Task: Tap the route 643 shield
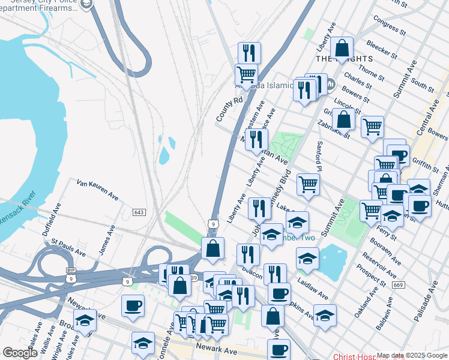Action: (139, 212)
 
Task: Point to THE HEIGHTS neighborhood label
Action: (345, 59)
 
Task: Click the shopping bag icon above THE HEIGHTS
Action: (342, 48)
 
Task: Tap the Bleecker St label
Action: (384, 47)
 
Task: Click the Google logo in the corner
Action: (20, 353)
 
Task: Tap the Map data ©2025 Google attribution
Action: (412, 355)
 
